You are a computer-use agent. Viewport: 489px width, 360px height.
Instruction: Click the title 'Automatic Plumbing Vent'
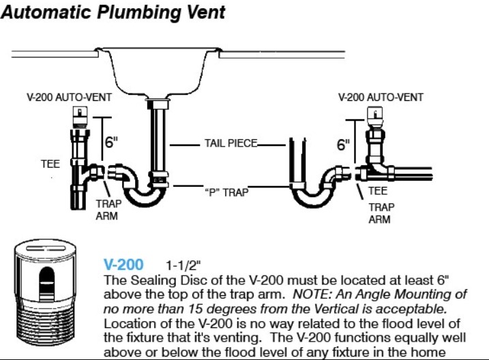[x=113, y=13]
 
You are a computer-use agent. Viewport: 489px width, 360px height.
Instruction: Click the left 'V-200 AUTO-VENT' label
[x=70, y=97]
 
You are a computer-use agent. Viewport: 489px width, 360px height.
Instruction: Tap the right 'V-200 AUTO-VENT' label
[x=381, y=97]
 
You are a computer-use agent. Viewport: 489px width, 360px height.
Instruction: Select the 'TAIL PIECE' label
[x=231, y=143]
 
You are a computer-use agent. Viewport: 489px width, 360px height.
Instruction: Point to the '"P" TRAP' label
[x=226, y=192]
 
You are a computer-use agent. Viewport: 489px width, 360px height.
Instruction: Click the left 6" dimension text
[x=111, y=142]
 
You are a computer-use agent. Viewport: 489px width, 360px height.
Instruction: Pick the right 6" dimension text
[x=343, y=145]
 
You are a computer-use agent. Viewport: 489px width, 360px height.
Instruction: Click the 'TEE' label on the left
[x=50, y=164]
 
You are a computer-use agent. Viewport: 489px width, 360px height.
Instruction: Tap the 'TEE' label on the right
[x=378, y=191]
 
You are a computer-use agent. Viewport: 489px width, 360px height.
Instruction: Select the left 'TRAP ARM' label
[x=108, y=210]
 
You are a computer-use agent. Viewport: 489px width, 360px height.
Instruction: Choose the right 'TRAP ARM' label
[x=381, y=213]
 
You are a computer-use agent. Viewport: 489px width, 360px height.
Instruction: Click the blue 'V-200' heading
[x=123, y=265]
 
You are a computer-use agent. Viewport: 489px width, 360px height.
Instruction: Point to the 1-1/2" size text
[x=183, y=265]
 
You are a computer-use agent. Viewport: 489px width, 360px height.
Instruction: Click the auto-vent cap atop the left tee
[x=80, y=117]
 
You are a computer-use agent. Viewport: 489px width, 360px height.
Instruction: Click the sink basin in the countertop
[x=158, y=73]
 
